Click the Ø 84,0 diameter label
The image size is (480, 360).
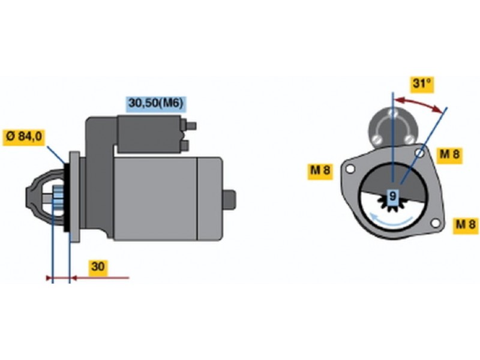pos(24,137)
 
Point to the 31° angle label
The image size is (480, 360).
pos(422,83)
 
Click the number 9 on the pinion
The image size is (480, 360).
pos(392,196)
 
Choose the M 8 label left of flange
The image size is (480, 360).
pos(320,171)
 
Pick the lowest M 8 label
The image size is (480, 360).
pos(466,225)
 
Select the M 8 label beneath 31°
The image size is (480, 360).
pos(449,155)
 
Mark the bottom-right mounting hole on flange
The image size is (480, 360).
pos(435,224)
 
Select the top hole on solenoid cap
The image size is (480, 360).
pos(392,113)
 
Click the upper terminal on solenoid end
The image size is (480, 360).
pos(192,126)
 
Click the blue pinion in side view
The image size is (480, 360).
pos(58,198)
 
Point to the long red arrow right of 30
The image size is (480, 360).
pos(102,278)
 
